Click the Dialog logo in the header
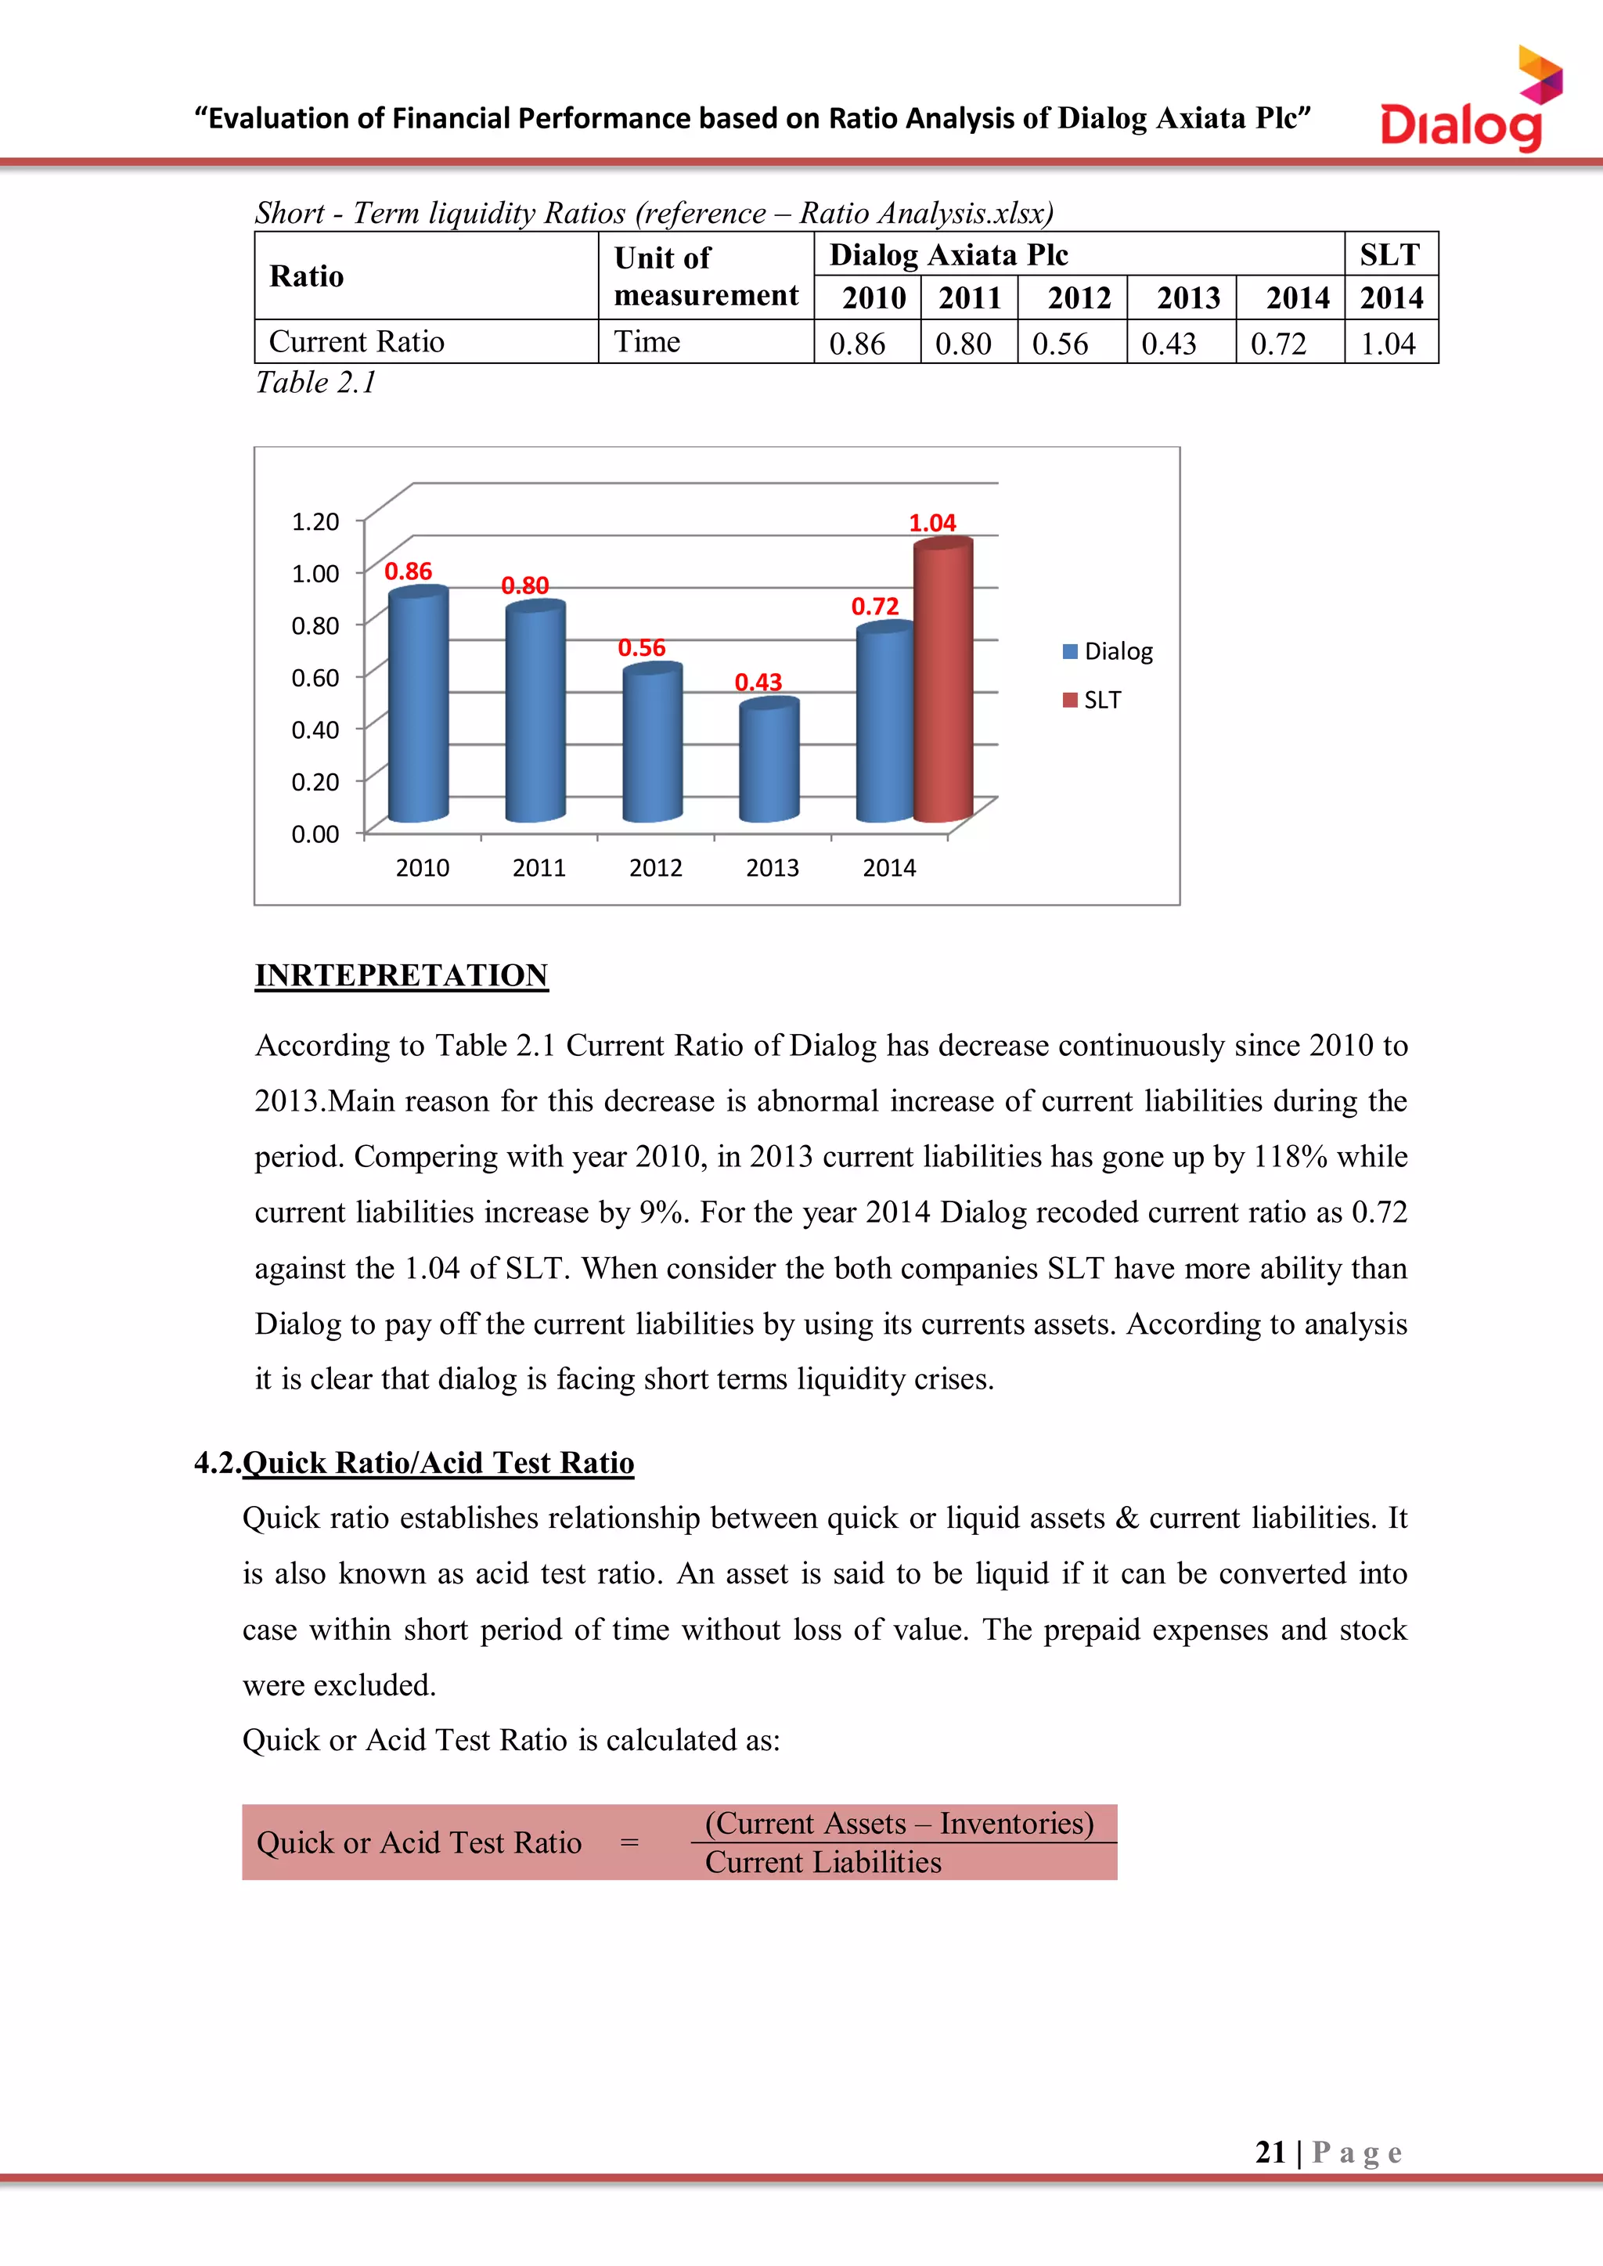(x=1468, y=103)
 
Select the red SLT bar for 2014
(x=942, y=681)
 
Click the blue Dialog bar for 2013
(x=769, y=760)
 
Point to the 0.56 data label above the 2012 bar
(x=642, y=647)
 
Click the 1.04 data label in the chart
(x=931, y=523)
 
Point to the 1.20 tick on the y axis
(x=315, y=521)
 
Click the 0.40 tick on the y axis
(x=315, y=730)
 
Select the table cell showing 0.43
(x=1169, y=344)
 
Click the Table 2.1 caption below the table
(x=316, y=382)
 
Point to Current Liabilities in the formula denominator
(x=823, y=1861)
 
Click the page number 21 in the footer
(x=1270, y=2152)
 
